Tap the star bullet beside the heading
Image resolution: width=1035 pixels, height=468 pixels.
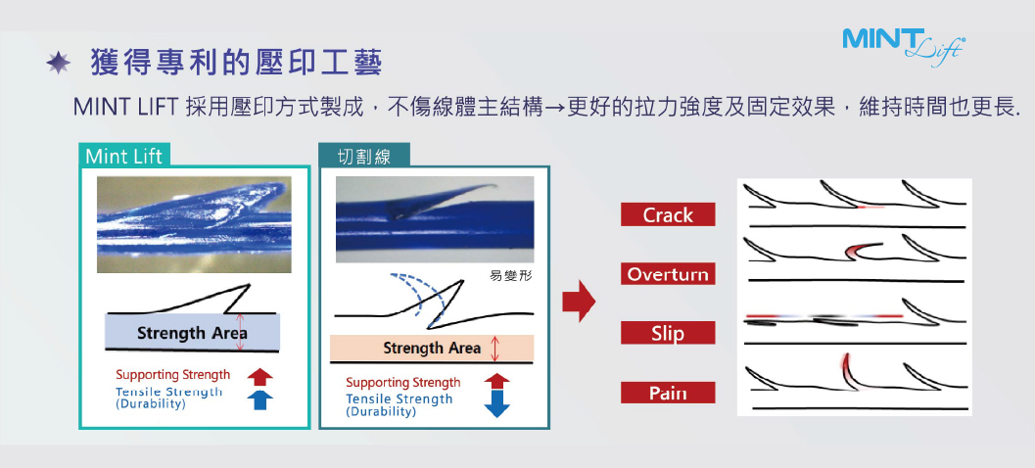[x=58, y=64]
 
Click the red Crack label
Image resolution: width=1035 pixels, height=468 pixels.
[x=668, y=215]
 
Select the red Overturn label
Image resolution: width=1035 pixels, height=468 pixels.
[x=668, y=274]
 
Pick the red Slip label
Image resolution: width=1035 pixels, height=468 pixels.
[x=668, y=333]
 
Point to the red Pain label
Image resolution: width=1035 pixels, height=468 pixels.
[x=668, y=394]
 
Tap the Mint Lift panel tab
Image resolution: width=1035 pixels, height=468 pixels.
[x=124, y=156]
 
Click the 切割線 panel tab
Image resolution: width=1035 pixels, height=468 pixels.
[x=363, y=156]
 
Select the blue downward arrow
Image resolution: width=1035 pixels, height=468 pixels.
[x=496, y=403]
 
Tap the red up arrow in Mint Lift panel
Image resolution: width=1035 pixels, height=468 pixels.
[x=259, y=377]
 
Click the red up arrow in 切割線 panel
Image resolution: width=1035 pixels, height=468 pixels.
[x=496, y=381]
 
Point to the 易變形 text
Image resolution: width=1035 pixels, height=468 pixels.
[x=511, y=274]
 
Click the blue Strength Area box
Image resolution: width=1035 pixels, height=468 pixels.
[x=192, y=332]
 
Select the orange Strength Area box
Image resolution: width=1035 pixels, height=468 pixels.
[x=432, y=348]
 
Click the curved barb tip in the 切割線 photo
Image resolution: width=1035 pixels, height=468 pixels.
[x=494, y=186]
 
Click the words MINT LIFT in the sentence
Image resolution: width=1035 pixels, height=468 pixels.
[x=124, y=107]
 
